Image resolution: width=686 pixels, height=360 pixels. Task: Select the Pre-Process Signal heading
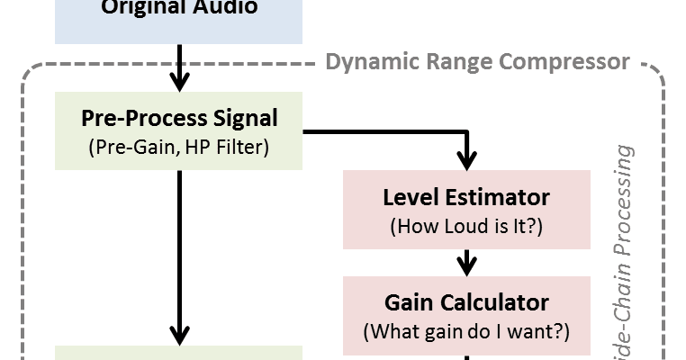pyautogui.click(x=179, y=118)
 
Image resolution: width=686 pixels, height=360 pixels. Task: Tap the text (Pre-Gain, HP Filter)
pyautogui.click(x=179, y=147)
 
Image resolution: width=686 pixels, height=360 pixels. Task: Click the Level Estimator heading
pyautogui.click(x=465, y=196)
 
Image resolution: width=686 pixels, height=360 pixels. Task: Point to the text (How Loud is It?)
pyautogui.click(x=465, y=225)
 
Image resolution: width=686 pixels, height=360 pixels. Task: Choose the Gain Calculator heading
pyautogui.click(x=465, y=301)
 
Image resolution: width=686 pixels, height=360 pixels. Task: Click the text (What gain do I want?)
pyautogui.click(x=465, y=331)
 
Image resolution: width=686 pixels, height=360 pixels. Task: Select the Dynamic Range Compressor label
pyautogui.click(x=476, y=62)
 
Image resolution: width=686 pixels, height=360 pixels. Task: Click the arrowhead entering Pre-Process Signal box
pyautogui.click(x=179, y=81)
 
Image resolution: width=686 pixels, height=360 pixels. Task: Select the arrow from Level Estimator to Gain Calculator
pyautogui.click(x=466, y=262)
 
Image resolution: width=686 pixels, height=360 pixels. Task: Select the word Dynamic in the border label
pyautogui.click(x=366, y=62)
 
